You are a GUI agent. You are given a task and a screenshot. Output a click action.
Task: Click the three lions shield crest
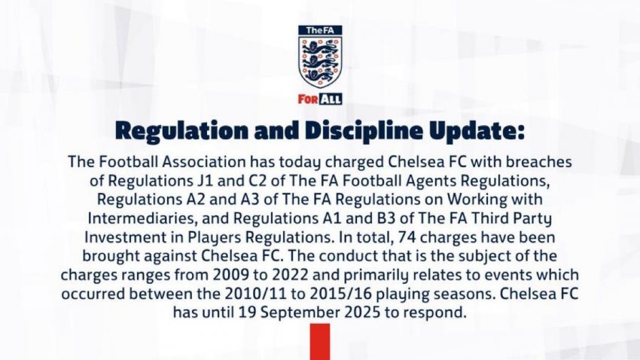320,62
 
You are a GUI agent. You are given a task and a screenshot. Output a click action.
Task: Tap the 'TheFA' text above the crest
320,30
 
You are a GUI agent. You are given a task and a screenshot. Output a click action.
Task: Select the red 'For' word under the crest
308,99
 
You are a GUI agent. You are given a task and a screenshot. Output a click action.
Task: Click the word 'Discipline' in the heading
364,130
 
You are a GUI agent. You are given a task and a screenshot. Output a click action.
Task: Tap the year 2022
290,275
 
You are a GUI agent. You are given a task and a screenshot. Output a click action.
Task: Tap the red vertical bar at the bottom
320,342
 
